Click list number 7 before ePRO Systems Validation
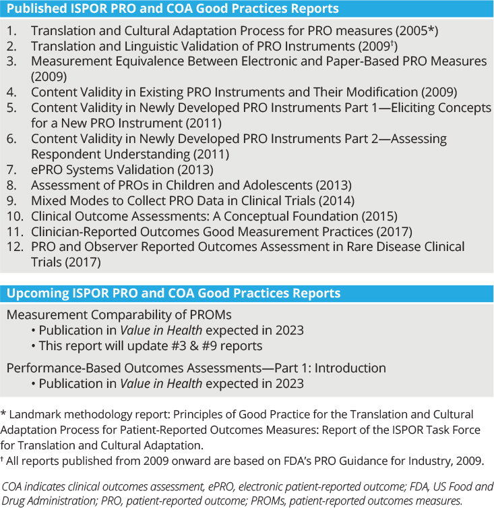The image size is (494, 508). (11, 169)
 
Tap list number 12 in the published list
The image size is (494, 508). (13, 247)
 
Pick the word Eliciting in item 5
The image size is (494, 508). (421, 107)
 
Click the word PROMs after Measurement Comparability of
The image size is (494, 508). (210, 315)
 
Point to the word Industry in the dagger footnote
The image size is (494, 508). (421, 461)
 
